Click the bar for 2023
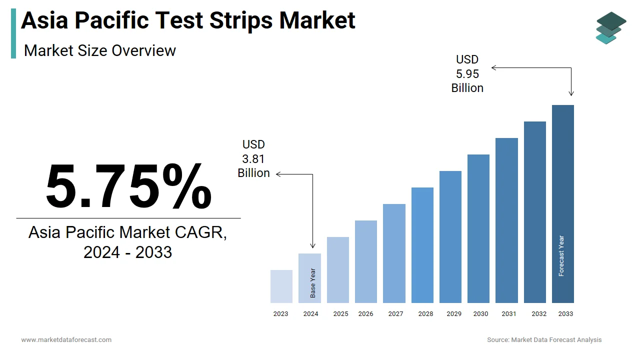[x=281, y=286]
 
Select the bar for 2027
[x=394, y=253]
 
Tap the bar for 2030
[x=478, y=228]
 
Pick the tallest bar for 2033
[x=563, y=204]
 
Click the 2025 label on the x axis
[x=340, y=314]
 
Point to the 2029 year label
[x=454, y=314]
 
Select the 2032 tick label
[x=539, y=314]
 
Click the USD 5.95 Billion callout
[x=467, y=74]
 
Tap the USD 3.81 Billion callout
[x=253, y=159]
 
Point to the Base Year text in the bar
[x=313, y=283]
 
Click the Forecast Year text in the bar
[x=561, y=255]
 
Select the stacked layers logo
[x=611, y=28]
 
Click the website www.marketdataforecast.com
[x=66, y=340]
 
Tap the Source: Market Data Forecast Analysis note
[x=544, y=340]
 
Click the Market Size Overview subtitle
[x=100, y=50]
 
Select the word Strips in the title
[x=241, y=20]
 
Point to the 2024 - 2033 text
[x=128, y=252]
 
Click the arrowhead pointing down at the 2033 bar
[x=571, y=93]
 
